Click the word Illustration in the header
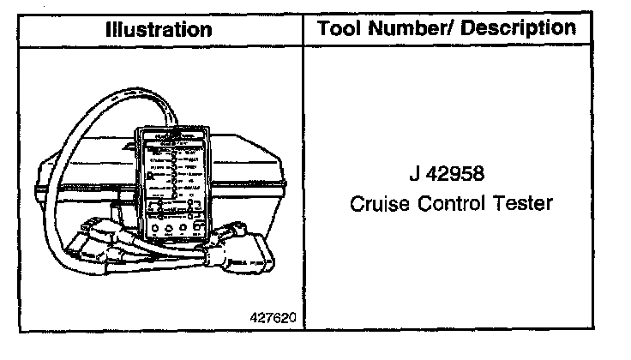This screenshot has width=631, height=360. tap(159, 28)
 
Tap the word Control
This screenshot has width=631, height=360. tap(454, 205)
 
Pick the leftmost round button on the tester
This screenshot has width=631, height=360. tap(154, 229)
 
